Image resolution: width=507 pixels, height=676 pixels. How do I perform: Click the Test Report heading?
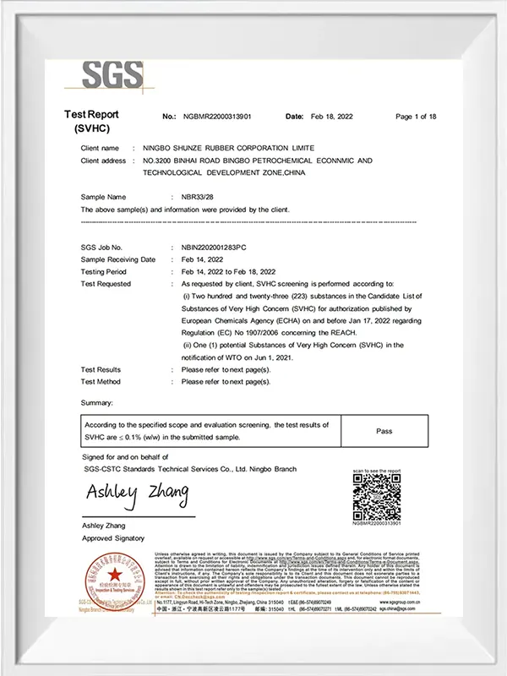(91, 114)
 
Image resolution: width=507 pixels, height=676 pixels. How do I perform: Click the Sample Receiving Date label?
(118, 260)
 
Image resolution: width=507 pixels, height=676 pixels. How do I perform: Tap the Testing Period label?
(103, 272)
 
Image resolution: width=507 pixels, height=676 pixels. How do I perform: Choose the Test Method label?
(101, 382)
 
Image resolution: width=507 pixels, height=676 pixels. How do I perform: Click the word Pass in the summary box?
(384, 431)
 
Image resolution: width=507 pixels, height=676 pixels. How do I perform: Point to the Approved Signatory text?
(112, 538)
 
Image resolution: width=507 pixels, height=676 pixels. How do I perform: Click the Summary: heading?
(96, 403)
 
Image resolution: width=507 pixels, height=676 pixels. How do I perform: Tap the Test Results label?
(101, 370)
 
